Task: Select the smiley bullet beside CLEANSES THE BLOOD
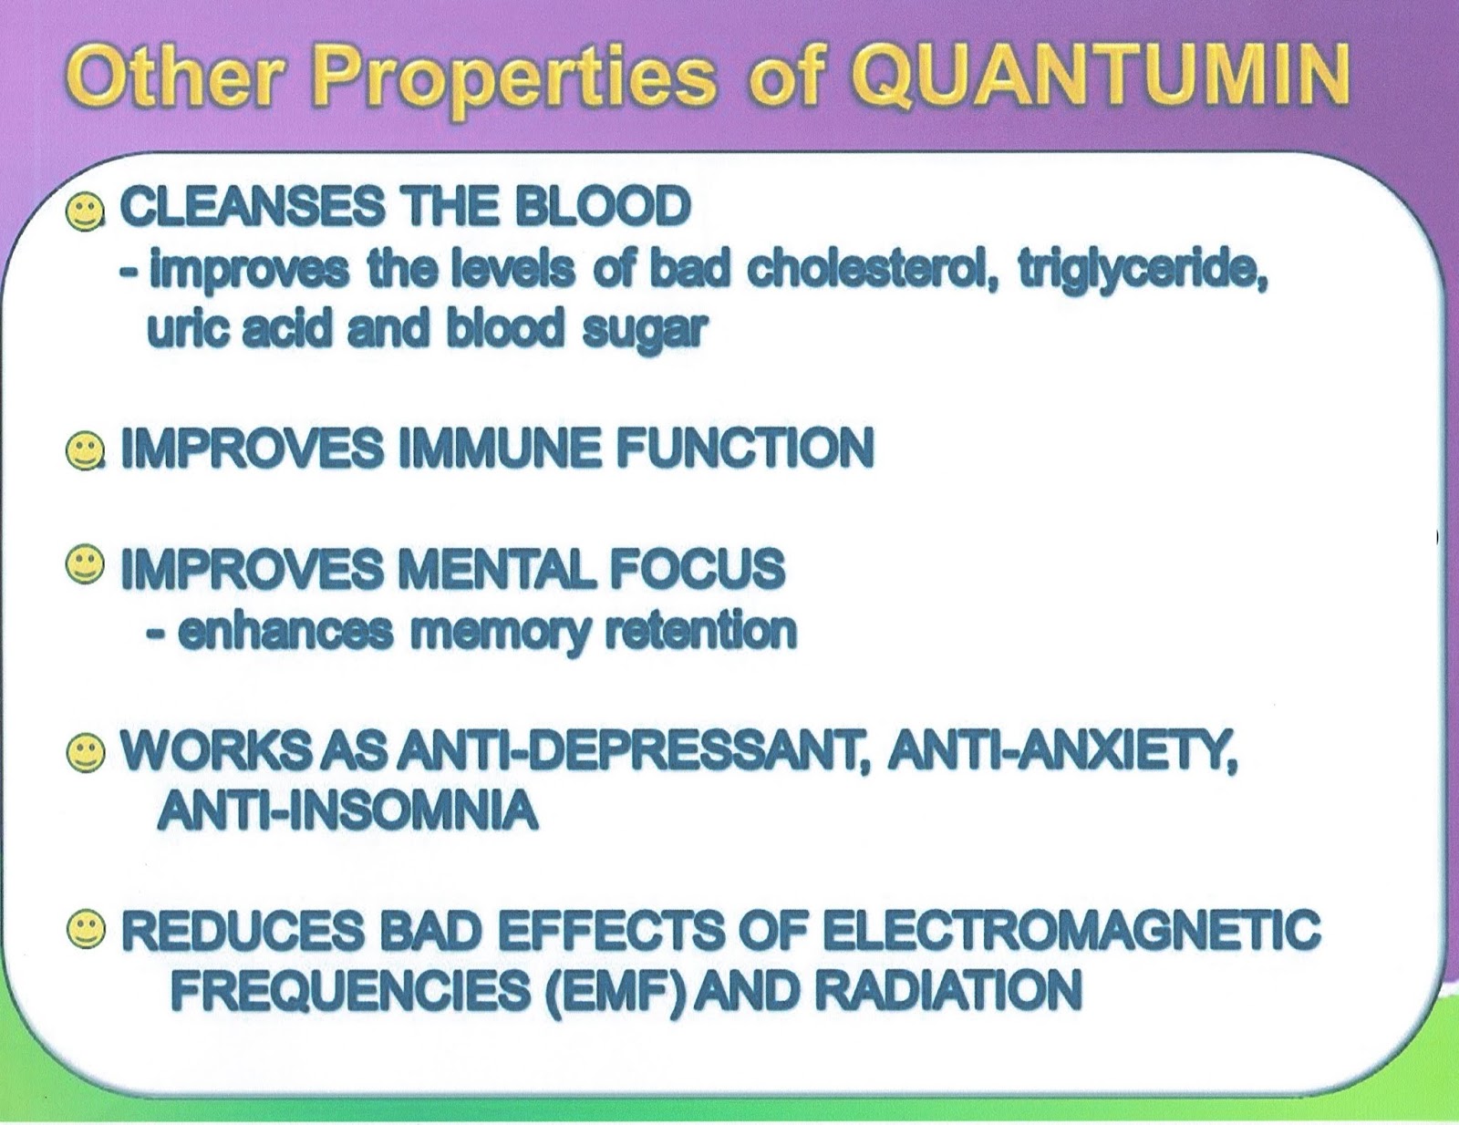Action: [x=84, y=212]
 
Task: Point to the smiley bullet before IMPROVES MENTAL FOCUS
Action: [x=84, y=566]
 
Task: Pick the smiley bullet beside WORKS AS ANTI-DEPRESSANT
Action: [x=86, y=754]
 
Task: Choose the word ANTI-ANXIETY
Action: [x=1061, y=755]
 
